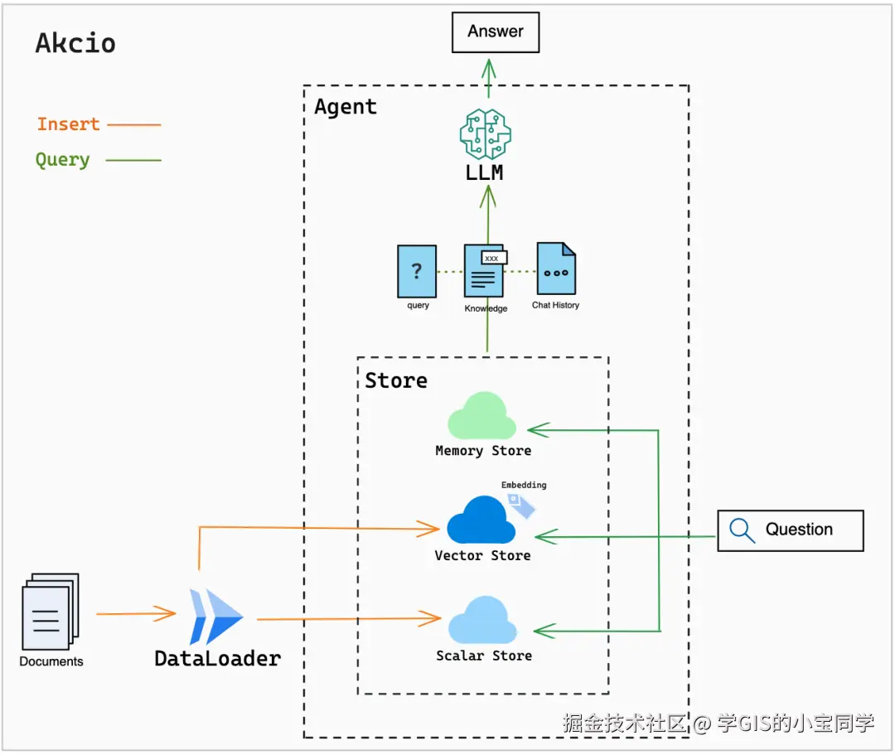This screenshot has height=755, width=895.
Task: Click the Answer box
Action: click(495, 32)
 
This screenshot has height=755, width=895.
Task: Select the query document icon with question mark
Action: click(417, 271)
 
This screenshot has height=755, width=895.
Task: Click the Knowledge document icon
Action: click(484, 270)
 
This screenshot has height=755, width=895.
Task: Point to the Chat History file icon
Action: click(556, 269)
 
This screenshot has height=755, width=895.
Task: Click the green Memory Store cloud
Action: click(481, 417)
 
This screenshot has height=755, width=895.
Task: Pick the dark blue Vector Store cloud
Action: click(481, 520)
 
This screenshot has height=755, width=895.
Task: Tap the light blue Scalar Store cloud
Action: click(482, 621)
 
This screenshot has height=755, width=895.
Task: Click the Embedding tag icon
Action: click(521, 504)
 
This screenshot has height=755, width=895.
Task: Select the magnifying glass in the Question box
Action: click(743, 530)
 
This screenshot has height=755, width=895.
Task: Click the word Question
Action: click(799, 530)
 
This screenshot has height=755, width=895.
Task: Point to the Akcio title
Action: click(75, 43)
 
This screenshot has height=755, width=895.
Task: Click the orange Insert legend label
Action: click(68, 124)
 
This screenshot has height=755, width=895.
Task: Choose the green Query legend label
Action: click(62, 160)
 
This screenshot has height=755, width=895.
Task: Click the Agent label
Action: click(346, 107)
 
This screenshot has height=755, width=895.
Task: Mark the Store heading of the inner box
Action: click(396, 380)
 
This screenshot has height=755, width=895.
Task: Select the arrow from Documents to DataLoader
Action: click(136, 614)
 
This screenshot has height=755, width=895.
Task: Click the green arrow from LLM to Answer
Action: click(487, 80)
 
